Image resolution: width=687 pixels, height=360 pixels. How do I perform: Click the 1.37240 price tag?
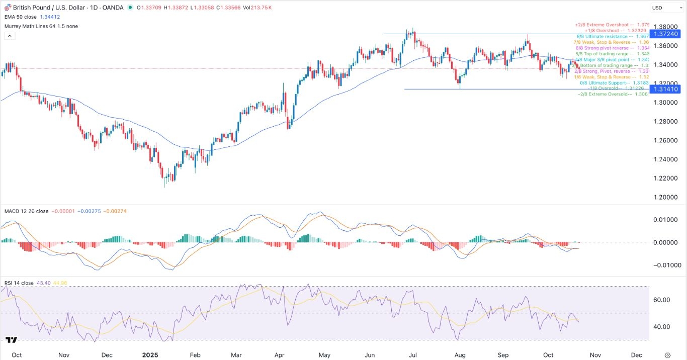(665, 34)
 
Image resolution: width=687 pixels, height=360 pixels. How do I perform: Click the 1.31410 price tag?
(665, 89)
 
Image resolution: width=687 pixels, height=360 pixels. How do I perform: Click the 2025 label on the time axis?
(150, 354)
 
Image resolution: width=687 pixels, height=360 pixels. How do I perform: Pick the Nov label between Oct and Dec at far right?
(595, 354)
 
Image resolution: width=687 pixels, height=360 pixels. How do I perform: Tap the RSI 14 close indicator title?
(19, 283)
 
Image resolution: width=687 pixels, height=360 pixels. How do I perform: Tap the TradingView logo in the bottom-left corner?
(12, 340)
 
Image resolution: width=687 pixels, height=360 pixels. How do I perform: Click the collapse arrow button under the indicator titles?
(9, 36)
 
